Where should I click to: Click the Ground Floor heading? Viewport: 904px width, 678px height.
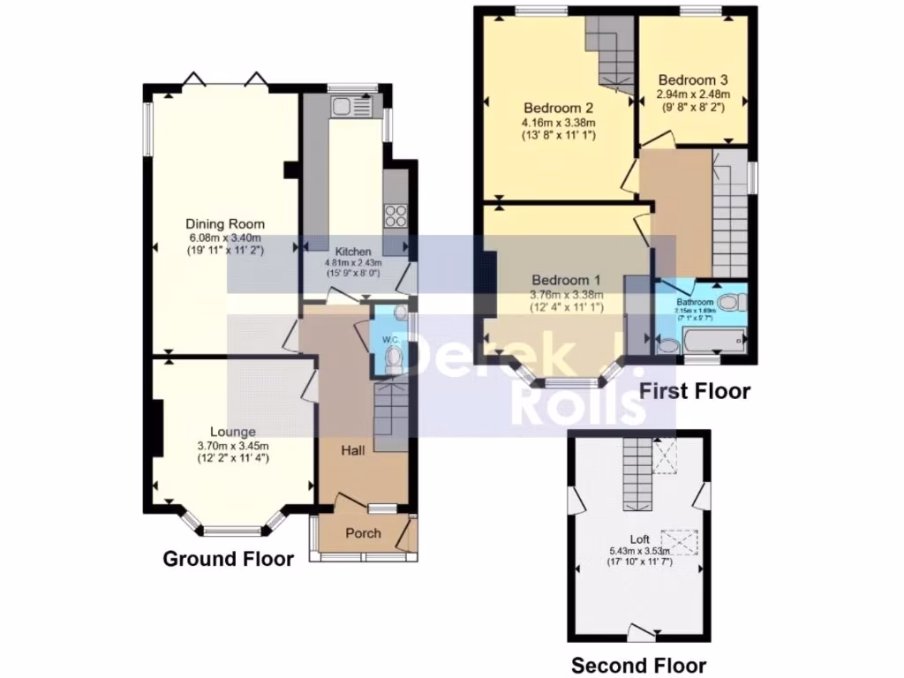pyautogui.click(x=228, y=559)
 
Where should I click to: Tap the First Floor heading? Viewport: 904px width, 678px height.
pyautogui.click(x=694, y=391)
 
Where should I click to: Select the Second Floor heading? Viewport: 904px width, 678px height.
pyautogui.click(x=638, y=666)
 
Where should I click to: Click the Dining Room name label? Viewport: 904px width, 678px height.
pyautogui.click(x=224, y=223)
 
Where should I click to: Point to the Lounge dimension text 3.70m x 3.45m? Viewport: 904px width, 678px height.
pyautogui.click(x=232, y=446)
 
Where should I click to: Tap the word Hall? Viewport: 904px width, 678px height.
pyautogui.click(x=354, y=451)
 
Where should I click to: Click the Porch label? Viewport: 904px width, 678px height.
pyautogui.click(x=363, y=533)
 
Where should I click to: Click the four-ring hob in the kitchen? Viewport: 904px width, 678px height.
pyautogui.click(x=395, y=215)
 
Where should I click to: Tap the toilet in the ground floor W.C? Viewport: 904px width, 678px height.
pyautogui.click(x=395, y=358)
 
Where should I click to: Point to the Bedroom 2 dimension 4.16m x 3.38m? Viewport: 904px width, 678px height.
pyautogui.click(x=558, y=123)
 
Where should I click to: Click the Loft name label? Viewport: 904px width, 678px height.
pyautogui.click(x=638, y=539)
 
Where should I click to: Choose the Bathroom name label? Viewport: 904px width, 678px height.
pyautogui.click(x=694, y=302)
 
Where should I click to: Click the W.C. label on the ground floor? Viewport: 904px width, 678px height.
pyautogui.click(x=390, y=340)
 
